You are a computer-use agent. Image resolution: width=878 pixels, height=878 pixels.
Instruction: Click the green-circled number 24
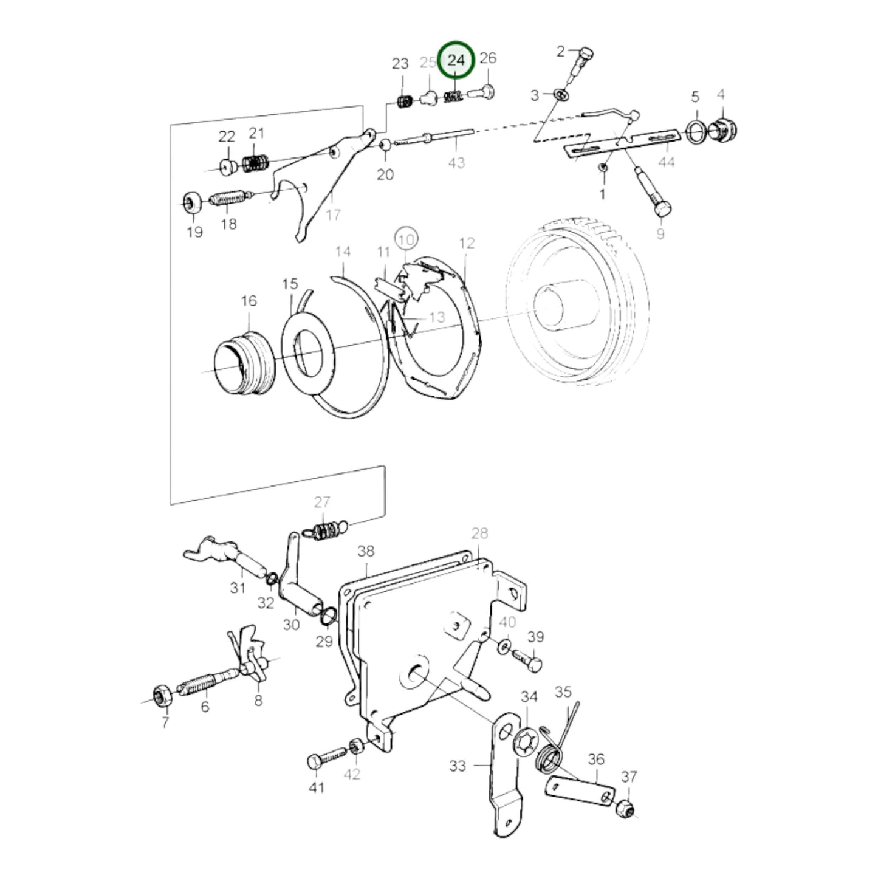(456, 60)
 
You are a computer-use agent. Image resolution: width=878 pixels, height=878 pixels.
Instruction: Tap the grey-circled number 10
(407, 239)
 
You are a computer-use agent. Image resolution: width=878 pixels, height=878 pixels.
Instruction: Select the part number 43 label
(456, 162)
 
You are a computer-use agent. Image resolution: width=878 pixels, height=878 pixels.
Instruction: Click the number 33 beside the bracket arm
(458, 766)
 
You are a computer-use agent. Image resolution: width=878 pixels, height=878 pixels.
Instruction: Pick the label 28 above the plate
(479, 532)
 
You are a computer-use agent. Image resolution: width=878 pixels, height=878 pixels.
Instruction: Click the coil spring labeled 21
(256, 163)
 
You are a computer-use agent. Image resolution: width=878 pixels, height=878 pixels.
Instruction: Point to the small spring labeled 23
(405, 101)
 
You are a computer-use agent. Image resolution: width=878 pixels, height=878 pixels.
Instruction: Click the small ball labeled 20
(385, 145)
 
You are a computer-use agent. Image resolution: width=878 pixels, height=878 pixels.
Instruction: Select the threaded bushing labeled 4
(722, 129)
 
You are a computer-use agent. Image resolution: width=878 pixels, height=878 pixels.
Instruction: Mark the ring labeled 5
(696, 132)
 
